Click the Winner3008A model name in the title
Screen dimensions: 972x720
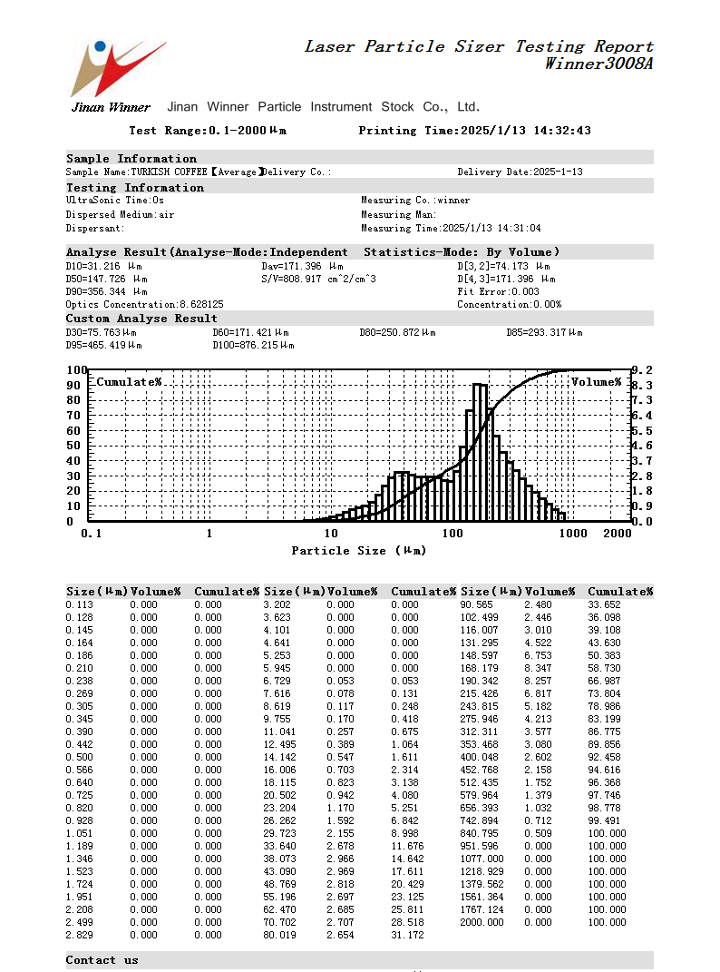click(598, 64)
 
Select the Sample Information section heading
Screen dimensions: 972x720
click(131, 159)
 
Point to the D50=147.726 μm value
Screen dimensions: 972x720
click(106, 280)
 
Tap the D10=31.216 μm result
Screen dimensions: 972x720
click(104, 266)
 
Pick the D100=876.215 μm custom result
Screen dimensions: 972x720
click(253, 346)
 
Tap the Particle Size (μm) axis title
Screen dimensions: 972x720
click(358, 551)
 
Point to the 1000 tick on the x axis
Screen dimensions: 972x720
click(573, 534)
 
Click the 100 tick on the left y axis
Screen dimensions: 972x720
click(76, 370)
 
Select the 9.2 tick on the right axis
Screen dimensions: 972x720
click(642, 370)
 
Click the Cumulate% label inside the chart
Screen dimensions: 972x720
click(129, 382)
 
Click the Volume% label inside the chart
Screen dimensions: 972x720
click(596, 382)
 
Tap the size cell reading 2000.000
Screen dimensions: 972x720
click(482, 922)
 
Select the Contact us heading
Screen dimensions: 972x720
click(102, 960)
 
